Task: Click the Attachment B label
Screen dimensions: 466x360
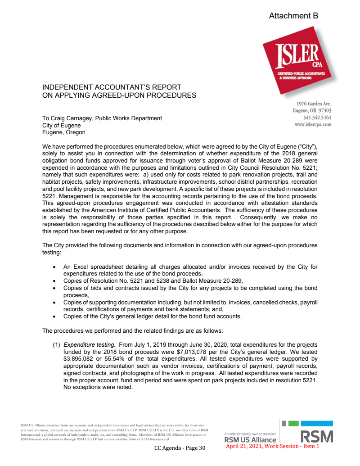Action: [293, 16]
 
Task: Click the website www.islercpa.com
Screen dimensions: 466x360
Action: [313, 124]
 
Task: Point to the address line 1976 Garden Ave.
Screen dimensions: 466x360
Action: [312, 104]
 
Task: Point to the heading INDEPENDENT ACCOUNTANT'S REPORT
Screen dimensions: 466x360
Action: [112, 87]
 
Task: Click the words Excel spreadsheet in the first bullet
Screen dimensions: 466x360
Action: [98, 266]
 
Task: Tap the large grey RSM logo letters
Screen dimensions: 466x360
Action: [317, 437]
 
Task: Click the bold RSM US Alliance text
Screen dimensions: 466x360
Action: [250, 440]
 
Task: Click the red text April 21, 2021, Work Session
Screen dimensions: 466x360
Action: [261, 446]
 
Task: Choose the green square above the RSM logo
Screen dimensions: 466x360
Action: [293, 424]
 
